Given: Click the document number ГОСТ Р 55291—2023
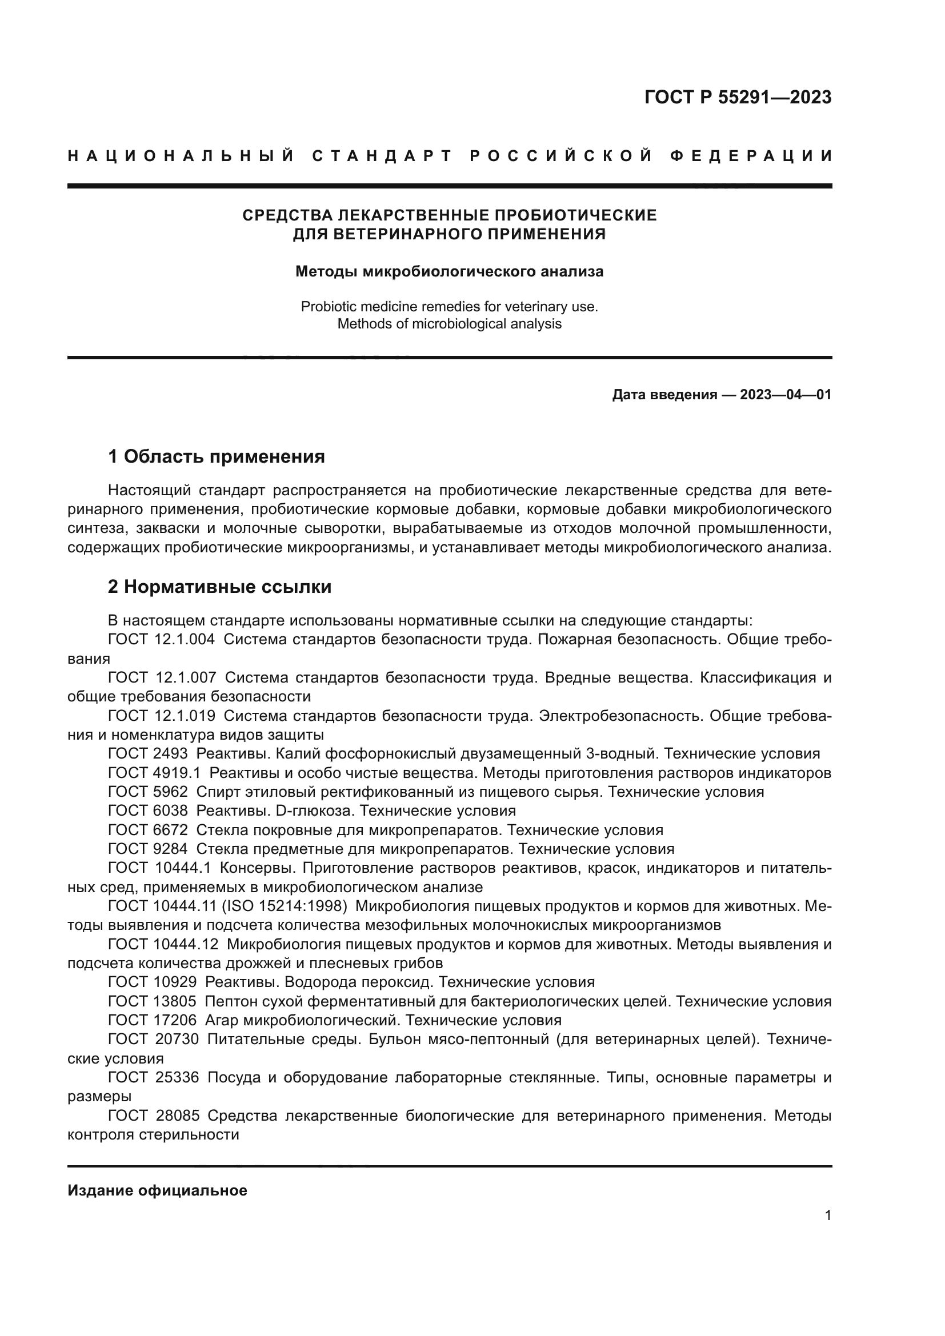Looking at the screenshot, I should click(x=737, y=97).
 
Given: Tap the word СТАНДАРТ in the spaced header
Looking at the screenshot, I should click(x=382, y=156).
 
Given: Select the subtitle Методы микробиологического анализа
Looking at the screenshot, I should click(x=449, y=272).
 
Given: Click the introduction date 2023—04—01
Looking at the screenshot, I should click(x=786, y=395).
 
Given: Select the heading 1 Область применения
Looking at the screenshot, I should click(x=217, y=457).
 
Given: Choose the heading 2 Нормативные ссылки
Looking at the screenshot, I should click(x=219, y=587).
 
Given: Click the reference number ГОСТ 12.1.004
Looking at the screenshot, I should click(x=161, y=640).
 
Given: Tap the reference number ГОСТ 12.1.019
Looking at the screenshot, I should click(x=161, y=716).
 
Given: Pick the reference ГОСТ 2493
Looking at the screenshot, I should click(x=148, y=754).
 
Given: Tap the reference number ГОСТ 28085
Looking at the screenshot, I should click(x=154, y=1116).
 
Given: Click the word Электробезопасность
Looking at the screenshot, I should click(x=619, y=716).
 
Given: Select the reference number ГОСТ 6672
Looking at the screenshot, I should click(x=148, y=831).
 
